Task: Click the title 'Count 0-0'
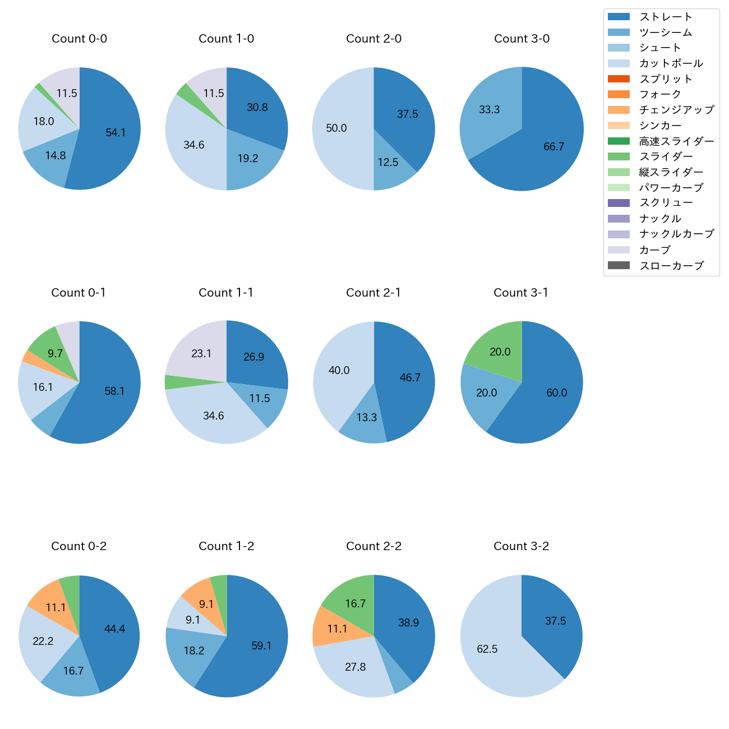(x=79, y=39)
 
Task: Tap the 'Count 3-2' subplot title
(x=521, y=546)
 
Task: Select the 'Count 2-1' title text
(x=373, y=293)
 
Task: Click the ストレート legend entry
(x=666, y=17)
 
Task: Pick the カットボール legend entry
(x=671, y=63)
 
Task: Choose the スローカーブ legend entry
(x=671, y=266)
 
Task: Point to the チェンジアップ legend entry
(x=676, y=110)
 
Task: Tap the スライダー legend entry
(x=666, y=156)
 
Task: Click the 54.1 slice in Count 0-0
(x=112, y=135)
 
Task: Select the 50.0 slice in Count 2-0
(x=339, y=129)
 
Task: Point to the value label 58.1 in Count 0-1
(x=114, y=391)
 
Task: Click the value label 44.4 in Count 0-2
(x=114, y=629)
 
